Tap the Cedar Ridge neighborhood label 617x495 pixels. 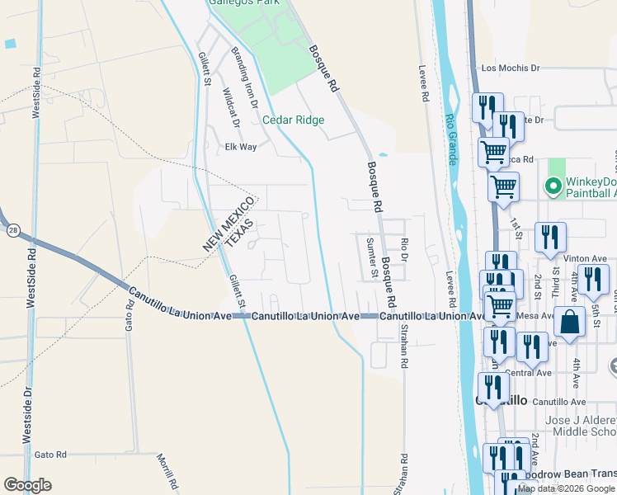[293, 120]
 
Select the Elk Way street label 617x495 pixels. [241, 147]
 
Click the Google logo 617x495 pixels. [28, 484]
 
